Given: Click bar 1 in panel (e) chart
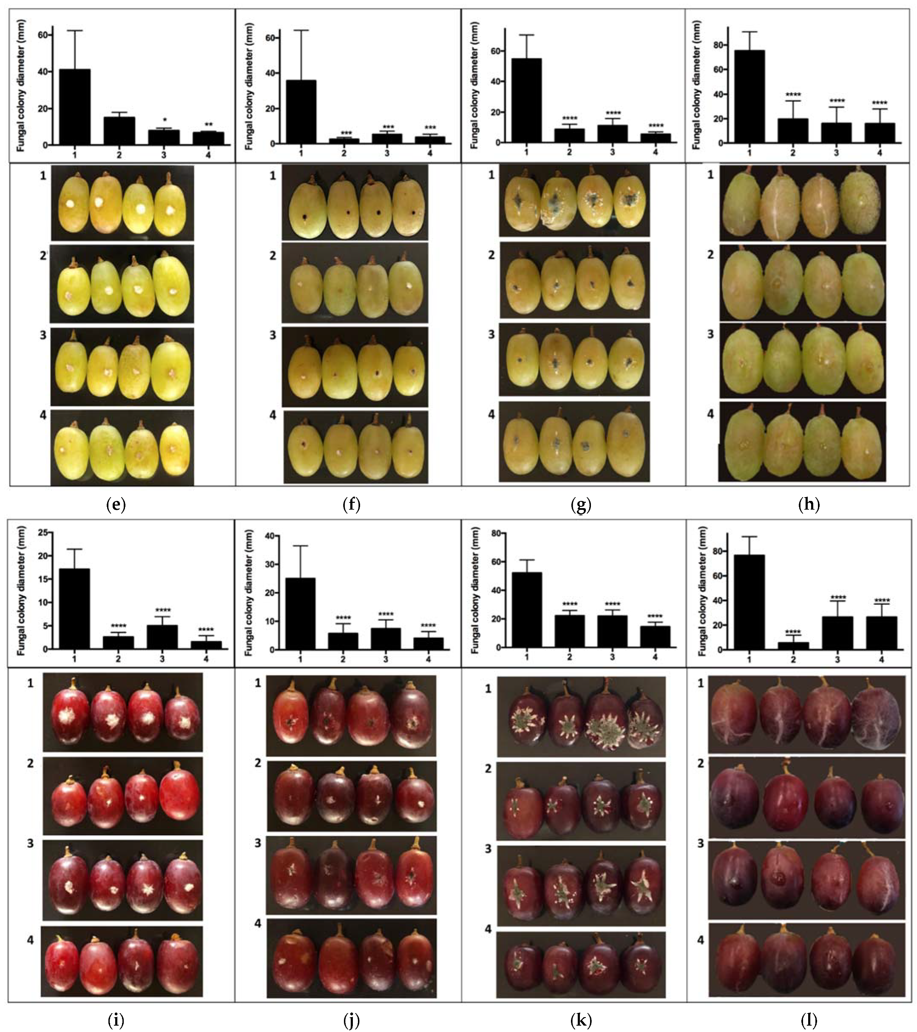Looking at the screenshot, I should point(75,107).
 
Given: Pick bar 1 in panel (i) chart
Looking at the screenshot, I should point(74,608).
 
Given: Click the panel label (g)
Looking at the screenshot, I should point(580,504).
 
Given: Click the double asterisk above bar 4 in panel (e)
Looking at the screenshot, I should point(208,125).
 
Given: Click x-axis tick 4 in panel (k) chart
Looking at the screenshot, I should point(655,657).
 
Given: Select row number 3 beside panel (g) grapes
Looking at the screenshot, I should point(491,334).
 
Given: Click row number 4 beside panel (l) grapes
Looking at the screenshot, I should point(701,940).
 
